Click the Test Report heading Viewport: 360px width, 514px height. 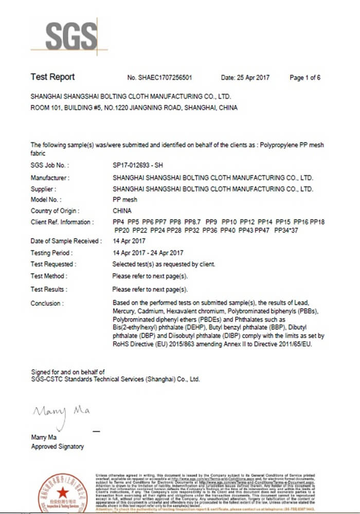tap(52, 77)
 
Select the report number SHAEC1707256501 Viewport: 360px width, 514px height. tap(166, 78)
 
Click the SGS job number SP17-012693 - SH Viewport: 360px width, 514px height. tap(137, 166)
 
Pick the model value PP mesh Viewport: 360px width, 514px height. tap(124, 199)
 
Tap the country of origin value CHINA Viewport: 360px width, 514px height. tap(122, 211)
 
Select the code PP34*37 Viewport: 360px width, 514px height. tap(286, 230)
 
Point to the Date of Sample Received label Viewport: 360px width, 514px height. tap(66, 241)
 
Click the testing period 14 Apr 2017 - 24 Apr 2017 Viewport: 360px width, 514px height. tap(148, 253)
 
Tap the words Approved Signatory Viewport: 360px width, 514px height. tap(57, 447)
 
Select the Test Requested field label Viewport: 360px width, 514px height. tap(53, 264)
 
